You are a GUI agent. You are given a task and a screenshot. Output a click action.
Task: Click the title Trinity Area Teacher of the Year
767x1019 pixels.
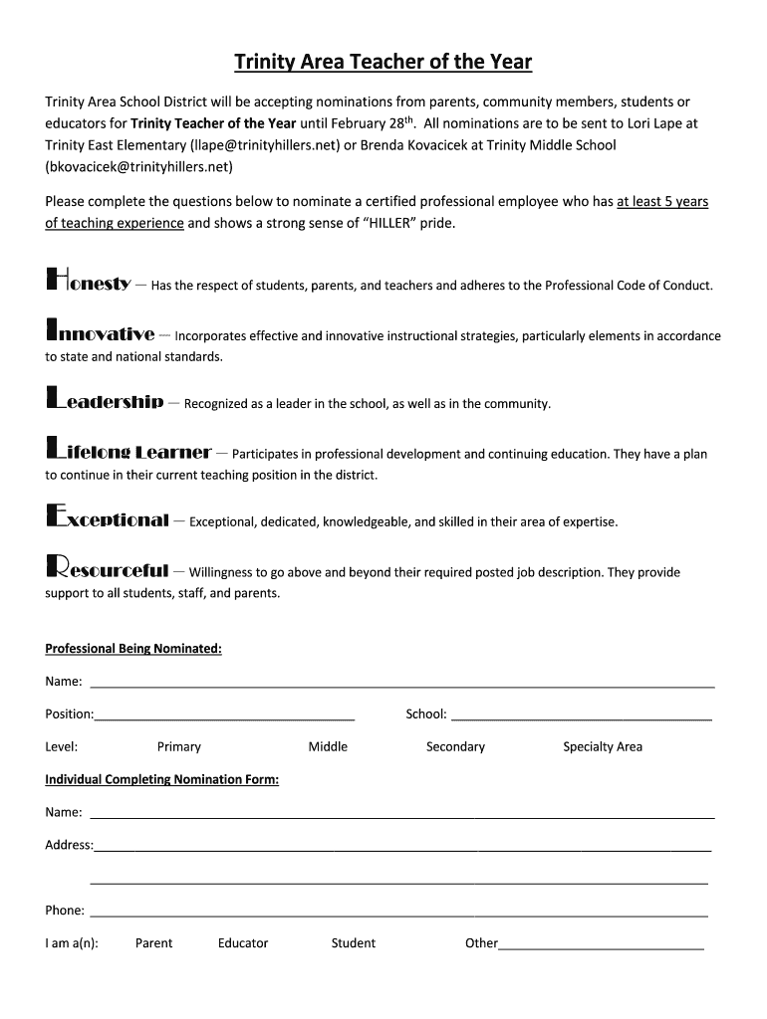coord(383,63)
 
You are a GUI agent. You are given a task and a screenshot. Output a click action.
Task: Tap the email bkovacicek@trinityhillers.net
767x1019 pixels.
coord(138,167)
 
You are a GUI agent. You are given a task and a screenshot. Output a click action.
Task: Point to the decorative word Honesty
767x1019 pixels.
coord(89,283)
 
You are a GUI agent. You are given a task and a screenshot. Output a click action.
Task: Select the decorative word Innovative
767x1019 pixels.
coord(100,333)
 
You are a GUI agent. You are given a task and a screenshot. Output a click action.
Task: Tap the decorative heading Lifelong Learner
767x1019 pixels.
coord(128,451)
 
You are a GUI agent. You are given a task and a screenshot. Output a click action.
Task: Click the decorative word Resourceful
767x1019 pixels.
coord(108,569)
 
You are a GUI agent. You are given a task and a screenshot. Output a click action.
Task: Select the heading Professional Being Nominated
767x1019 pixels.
coord(133,649)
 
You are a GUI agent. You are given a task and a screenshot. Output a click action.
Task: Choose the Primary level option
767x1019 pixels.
coord(179,746)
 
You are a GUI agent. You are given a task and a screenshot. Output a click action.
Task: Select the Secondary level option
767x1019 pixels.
coord(455,746)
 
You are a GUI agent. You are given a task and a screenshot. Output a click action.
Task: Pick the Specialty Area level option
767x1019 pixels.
coord(603,746)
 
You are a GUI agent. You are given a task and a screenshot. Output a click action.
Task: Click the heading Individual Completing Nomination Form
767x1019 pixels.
coord(161,779)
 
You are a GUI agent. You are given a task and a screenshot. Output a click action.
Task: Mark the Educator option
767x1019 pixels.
coord(243,943)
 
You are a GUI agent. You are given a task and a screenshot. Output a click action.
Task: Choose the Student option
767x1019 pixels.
coord(354,943)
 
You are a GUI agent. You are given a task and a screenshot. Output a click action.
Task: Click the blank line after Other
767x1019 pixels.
coord(602,946)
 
